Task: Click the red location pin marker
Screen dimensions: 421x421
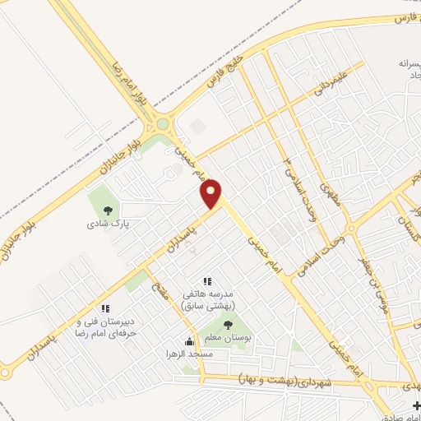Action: pyautogui.click(x=212, y=193)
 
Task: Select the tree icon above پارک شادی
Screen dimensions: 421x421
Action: pyautogui.click(x=104, y=208)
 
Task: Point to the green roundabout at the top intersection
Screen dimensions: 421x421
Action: pyautogui.click(x=162, y=124)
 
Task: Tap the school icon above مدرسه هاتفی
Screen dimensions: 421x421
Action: pyautogui.click(x=207, y=281)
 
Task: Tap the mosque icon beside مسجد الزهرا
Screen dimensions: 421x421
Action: pyautogui.click(x=189, y=342)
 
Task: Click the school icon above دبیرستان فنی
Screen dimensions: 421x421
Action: pyautogui.click(x=106, y=309)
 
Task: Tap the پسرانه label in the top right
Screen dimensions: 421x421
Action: pyautogui.click(x=393, y=62)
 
